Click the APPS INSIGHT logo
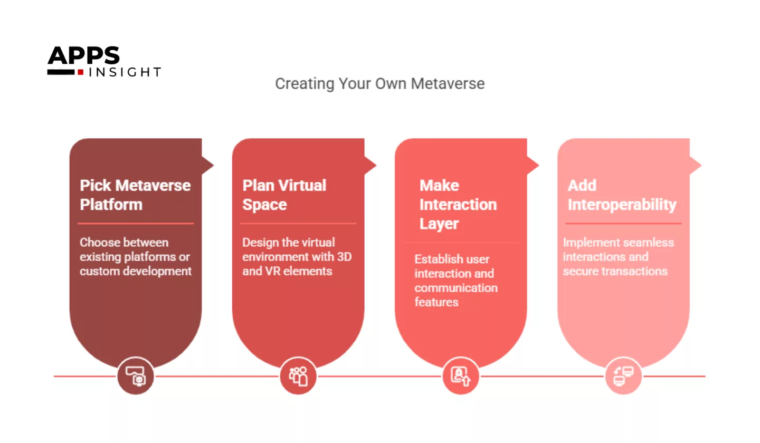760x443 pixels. (103, 62)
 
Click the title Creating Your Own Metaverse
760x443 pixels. (379, 84)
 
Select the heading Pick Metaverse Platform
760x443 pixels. (135, 195)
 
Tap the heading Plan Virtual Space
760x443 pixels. (284, 195)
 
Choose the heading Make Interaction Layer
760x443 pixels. (458, 205)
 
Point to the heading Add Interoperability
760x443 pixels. (622, 195)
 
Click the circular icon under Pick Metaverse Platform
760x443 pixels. (136, 376)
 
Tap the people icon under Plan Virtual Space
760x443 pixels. (298, 376)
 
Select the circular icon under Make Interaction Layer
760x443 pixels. (461, 376)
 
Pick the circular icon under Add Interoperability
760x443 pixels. (623, 376)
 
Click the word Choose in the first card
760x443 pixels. (100, 243)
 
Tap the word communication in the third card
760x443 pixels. (455, 288)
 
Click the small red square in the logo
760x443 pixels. (81, 72)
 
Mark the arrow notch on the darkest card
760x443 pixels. (208, 165)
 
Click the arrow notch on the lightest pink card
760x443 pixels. (696, 165)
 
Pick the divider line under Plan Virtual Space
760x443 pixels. (298, 224)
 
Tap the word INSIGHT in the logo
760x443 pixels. (125, 72)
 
